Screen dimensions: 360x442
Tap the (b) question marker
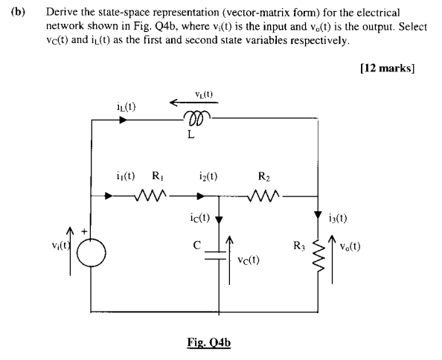14,13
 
